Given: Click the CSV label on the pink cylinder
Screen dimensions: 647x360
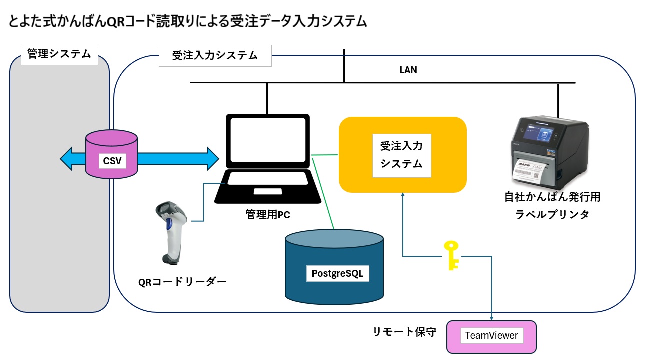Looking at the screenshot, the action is click(112, 161).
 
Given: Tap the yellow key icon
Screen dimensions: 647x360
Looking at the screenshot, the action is click(451, 255).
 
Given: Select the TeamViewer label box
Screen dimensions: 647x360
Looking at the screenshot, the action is click(491, 335).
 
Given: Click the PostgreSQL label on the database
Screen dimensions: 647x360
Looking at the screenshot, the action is click(337, 273).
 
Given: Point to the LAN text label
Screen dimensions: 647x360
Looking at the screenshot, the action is click(408, 70).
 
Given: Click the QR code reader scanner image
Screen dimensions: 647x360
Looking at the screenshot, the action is click(171, 233).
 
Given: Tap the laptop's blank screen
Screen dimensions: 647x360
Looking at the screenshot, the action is click(268, 140).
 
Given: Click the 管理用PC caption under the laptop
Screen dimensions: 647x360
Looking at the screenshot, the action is click(268, 215).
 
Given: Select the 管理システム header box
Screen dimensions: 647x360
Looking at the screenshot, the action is click(59, 54).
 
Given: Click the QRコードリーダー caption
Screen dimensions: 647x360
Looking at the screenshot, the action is click(182, 282).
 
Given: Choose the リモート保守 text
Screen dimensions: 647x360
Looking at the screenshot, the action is click(404, 332).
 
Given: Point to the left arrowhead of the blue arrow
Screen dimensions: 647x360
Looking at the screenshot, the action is click(66, 159).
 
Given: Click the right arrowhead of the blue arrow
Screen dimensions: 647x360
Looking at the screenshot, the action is click(213, 159).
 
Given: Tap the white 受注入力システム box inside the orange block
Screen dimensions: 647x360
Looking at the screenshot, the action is click(402, 156).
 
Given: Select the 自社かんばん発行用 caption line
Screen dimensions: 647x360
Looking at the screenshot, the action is click(552, 197).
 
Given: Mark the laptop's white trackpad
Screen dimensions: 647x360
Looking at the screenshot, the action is click(268, 191).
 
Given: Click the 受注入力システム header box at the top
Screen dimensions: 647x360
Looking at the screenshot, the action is click(215, 56).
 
